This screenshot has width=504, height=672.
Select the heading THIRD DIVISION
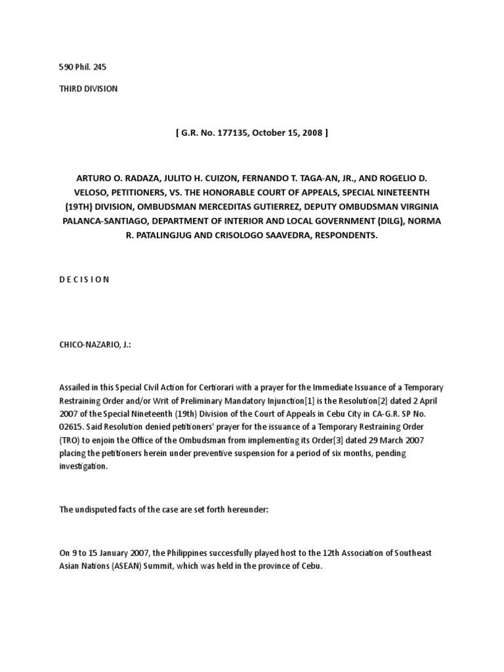(89, 89)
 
